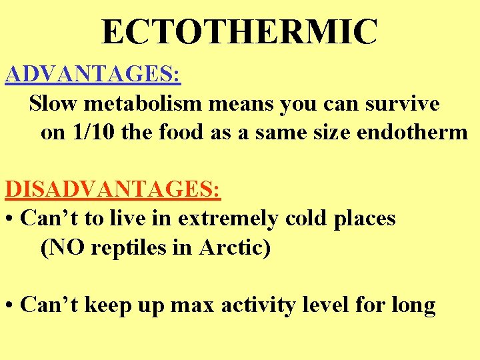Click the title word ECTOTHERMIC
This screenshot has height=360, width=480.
click(x=239, y=31)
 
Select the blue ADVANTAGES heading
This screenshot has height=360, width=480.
click(x=93, y=74)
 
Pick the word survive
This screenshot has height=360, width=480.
click(x=403, y=103)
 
